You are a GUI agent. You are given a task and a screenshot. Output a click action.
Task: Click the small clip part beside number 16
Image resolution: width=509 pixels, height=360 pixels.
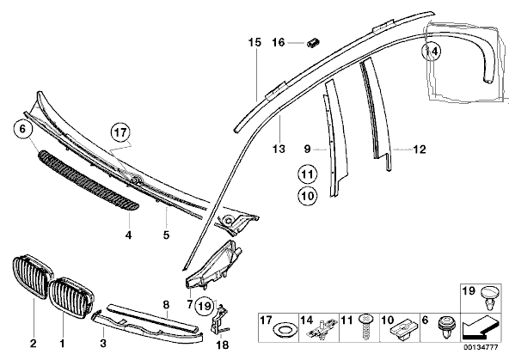[x=313, y=42]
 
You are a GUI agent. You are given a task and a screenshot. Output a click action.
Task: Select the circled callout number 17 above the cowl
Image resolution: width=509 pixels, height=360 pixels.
[x=120, y=132]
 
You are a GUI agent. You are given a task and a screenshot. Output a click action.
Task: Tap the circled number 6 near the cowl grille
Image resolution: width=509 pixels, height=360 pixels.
[x=22, y=129]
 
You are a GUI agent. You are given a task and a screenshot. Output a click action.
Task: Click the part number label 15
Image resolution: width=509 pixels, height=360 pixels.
[x=254, y=42]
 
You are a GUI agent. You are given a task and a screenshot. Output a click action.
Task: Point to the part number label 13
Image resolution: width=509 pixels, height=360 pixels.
[x=279, y=149]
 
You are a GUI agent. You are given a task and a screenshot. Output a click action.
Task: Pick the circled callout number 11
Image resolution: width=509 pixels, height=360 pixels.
[x=307, y=174]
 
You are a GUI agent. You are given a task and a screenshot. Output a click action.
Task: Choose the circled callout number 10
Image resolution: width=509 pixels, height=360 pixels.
[x=308, y=196]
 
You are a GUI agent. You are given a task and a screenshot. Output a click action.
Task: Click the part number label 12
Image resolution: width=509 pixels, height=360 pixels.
[x=419, y=149]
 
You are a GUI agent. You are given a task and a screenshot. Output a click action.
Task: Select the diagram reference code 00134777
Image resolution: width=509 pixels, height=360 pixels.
[x=481, y=347]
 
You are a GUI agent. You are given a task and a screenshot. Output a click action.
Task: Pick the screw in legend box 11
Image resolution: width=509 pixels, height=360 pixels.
[x=365, y=326]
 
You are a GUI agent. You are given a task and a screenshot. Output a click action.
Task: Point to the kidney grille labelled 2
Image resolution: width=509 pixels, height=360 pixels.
[x=34, y=278]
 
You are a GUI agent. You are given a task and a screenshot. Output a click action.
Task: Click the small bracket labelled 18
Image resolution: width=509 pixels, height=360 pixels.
[x=221, y=320]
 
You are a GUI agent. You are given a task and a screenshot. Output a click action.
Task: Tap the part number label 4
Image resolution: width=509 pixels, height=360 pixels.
[x=129, y=235]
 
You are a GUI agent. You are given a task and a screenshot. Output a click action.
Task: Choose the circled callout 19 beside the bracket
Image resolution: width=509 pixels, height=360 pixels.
[x=205, y=306]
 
